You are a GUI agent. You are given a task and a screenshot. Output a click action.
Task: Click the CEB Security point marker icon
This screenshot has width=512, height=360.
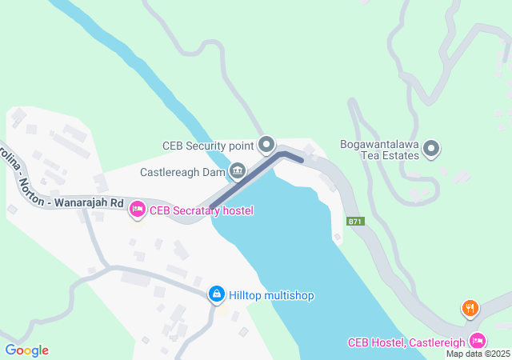tap(266, 146)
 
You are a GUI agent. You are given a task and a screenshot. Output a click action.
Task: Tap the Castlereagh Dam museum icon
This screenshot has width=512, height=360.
tap(238, 171)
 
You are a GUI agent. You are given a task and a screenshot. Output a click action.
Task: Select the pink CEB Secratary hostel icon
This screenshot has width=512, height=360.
tap(137, 210)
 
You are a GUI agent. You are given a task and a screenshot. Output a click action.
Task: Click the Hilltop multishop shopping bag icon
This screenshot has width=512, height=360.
tap(216, 295)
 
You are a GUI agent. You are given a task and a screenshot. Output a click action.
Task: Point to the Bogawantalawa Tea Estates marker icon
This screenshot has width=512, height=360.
tap(431, 148)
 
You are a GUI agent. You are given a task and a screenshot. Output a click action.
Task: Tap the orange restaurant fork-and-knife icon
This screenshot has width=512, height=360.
tap(470, 307)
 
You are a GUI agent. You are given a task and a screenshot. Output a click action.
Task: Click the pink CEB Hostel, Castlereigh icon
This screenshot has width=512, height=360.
tap(477, 341)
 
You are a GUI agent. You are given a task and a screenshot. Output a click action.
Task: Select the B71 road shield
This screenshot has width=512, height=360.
tap(356, 221)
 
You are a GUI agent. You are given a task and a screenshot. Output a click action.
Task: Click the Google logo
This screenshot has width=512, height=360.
tap(26, 350)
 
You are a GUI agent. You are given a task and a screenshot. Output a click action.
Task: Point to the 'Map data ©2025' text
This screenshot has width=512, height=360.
tap(478, 354)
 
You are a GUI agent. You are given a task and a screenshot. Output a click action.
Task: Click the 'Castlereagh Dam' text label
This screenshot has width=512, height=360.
tap(182, 172)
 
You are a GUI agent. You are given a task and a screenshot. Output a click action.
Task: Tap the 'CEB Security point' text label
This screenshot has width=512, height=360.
tap(208, 146)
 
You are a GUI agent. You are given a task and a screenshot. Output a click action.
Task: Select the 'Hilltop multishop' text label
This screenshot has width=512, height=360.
tap(272, 295)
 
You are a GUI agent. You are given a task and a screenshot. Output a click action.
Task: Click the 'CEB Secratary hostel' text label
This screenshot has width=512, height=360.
tap(202, 210)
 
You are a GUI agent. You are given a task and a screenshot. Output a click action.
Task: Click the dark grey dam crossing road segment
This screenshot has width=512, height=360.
tap(248, 181)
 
